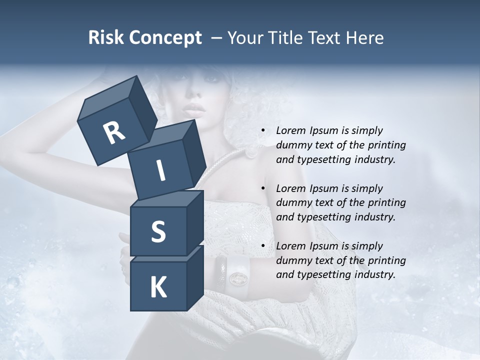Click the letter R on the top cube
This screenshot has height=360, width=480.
coord(114,132)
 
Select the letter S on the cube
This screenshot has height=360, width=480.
coord(158,231)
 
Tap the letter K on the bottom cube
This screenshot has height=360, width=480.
coord(158,287)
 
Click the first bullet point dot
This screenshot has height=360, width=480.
coord(263,131)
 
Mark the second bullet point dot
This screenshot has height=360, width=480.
coord(263,188)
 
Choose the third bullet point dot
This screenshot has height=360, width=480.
coord(263,246)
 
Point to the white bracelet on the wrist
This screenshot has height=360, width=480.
coord(237,275)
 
